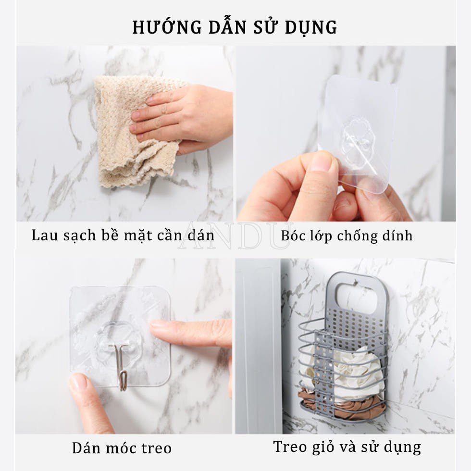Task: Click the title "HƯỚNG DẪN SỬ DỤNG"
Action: (x=235, y=27)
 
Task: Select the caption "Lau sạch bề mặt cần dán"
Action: (x=123, y=236)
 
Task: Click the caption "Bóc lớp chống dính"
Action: (x=347, y=236)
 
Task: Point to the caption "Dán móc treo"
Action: (x=122, y=448)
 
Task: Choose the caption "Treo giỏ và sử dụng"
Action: (x=347, y=446)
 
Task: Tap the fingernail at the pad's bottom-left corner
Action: (x=78, y=382)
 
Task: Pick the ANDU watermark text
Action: (x=235, y=235)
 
